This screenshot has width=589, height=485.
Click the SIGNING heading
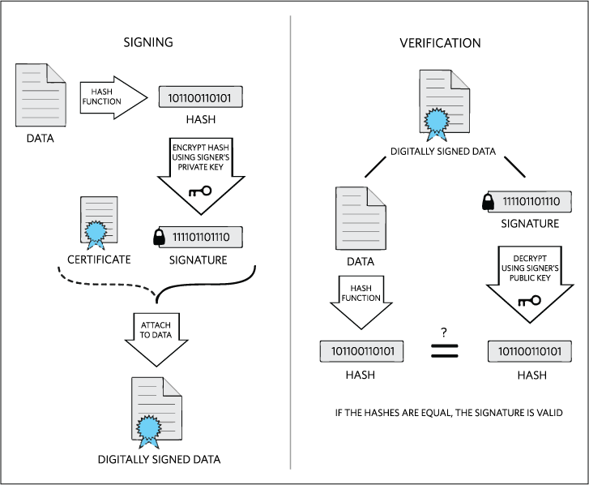(x=147, y=42)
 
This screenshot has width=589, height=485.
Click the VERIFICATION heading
(x=440, y=42)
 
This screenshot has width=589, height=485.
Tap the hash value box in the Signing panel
(x=200, y=98)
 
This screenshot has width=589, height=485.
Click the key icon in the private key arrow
(x=198, y=191)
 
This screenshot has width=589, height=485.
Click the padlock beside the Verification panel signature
(x=489, y=203)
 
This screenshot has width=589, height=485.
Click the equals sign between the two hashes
(x=444, y=351)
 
